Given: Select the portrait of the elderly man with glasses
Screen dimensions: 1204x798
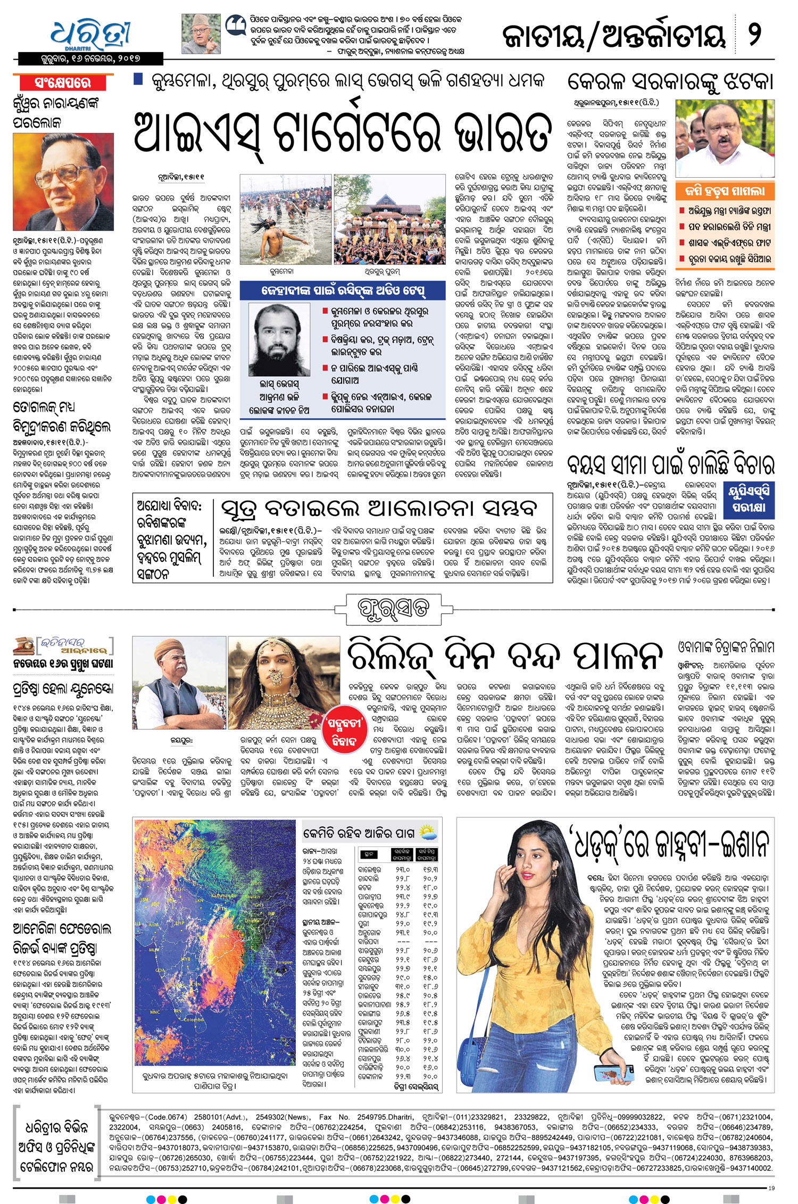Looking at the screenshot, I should tap(63, 181).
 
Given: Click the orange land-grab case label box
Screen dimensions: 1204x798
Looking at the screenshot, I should tap(724, 191).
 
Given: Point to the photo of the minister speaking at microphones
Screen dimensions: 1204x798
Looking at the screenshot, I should tap(725, 138).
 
